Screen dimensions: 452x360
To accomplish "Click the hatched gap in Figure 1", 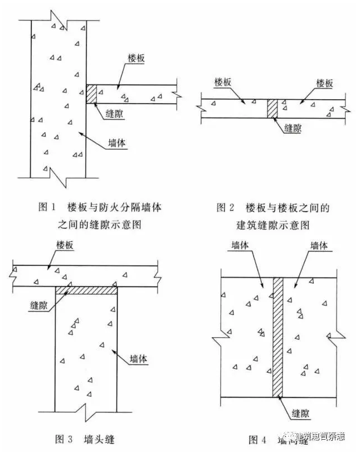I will [91, 94].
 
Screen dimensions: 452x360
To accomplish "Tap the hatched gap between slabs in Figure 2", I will [273, 109].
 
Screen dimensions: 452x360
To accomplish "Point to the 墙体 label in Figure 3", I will [138, 359].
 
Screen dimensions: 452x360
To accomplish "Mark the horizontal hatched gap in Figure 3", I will [86, 290].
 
